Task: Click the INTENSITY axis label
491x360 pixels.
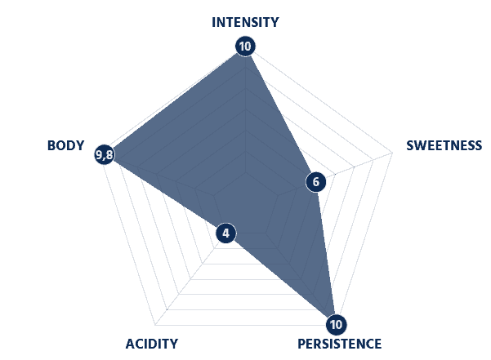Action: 245,22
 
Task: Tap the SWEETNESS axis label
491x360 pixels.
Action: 444,145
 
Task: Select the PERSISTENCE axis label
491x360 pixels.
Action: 339,344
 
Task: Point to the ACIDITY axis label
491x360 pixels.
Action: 152,344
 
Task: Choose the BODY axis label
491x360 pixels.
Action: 65,145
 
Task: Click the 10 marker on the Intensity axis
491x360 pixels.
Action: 245,47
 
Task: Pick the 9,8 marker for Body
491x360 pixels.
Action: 105,154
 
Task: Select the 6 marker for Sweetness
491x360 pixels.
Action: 315,182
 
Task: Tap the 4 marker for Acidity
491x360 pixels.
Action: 225,233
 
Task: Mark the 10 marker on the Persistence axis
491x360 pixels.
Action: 336,324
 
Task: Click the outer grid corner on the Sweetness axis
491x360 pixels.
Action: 392,153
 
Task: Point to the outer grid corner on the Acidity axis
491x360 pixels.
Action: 154,325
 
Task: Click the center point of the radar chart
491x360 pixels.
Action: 245,171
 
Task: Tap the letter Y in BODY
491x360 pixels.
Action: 80,145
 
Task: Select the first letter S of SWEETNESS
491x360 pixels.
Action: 410,145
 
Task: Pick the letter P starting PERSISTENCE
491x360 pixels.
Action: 301,344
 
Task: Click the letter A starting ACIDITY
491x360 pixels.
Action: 130,344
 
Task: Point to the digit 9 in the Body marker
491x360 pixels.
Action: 100,154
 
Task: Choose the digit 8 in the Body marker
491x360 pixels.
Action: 109,154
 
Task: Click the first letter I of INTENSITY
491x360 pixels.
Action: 213,22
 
